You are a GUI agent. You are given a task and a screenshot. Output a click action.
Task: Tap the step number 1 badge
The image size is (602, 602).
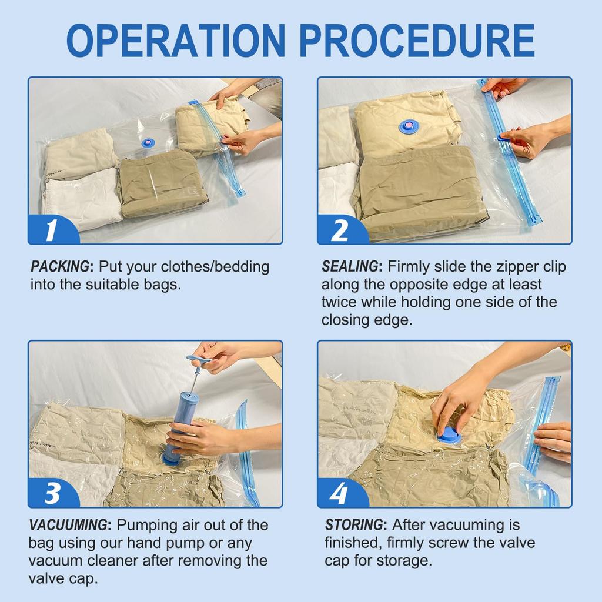coord(51,230)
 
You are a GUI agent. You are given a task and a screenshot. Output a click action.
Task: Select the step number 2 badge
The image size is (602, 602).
coord(340,230)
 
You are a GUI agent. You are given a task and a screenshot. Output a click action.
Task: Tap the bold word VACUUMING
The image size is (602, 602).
coord(69,524)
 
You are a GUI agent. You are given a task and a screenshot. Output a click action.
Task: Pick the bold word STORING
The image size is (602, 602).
coord(354,524)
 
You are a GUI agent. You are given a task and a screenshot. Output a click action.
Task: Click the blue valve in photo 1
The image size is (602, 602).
coord(148,143)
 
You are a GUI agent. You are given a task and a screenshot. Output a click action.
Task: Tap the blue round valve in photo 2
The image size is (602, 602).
coord(409,126)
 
